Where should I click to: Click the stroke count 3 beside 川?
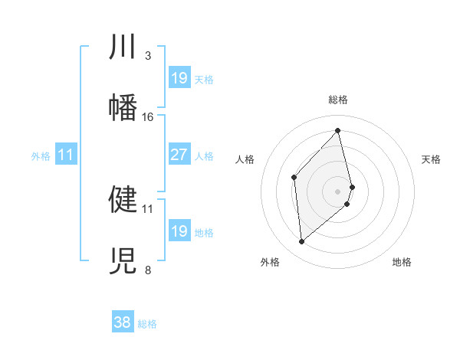coord(147,56)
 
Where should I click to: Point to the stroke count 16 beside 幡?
coord(148,117)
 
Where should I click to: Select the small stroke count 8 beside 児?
coord(147,270)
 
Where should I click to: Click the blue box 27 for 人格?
coord(179,155)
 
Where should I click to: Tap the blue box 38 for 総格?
coord(122,322)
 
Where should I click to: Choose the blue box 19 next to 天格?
coord(179,78)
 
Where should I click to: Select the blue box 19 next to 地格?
coord(179,231)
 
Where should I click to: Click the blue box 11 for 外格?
coord(65,155)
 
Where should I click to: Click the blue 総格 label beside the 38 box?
coord(147,324)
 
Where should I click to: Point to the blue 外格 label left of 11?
coord(41,156)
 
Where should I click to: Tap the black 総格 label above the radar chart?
coord(337,100)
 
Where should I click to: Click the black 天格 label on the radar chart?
coord(432,159)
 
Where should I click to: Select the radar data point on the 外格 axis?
coord(302,242)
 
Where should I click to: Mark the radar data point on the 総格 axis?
coord(338,131)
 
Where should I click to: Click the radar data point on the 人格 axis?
coord(294,178)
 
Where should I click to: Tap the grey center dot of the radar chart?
coord(338,190)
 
